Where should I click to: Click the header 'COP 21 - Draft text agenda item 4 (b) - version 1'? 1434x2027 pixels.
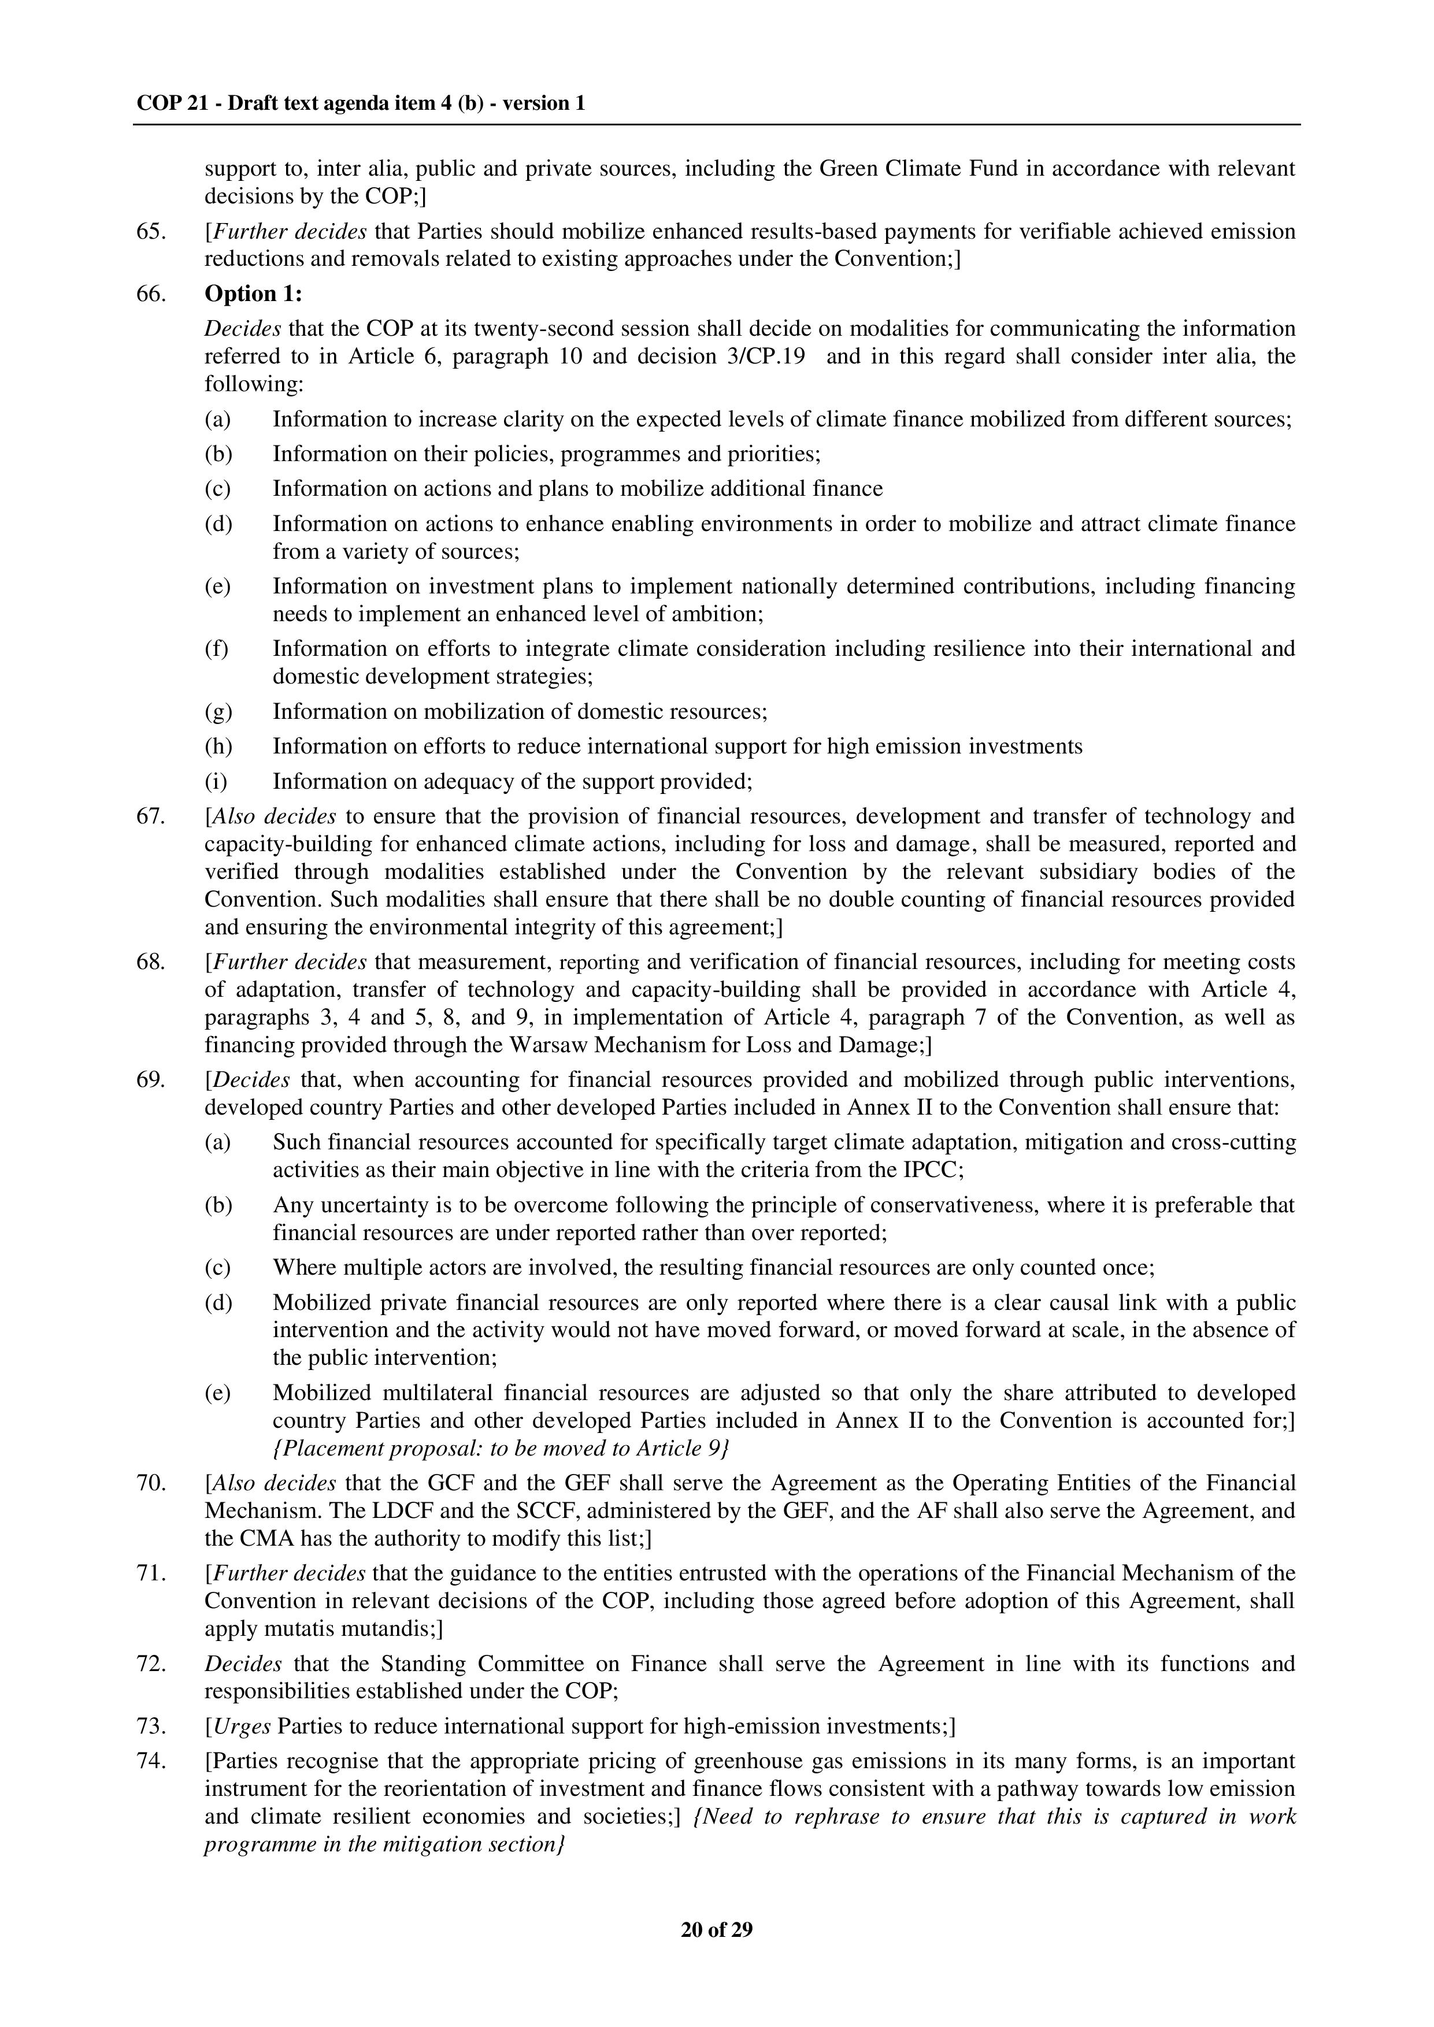[x=360, y=103]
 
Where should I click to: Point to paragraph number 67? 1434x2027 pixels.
[x=151, y=816]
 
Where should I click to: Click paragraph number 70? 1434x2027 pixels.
[x=151, y=1483]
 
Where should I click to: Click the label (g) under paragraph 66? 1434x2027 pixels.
[x=218, y=711]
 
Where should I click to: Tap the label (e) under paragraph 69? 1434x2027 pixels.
[x=218, y=1393]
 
